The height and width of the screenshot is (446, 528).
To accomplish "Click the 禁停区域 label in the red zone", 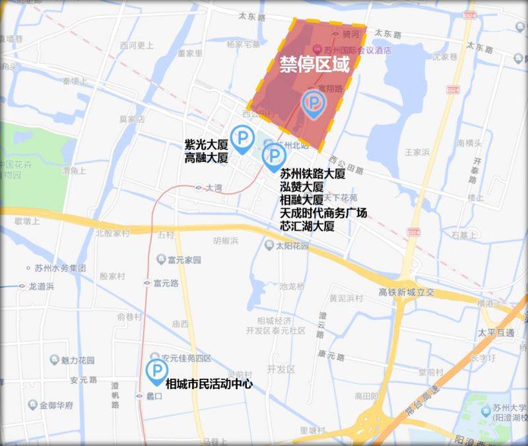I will pyautogui.click(x=313, y=64).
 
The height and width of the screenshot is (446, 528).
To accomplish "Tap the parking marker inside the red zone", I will pyautogui.click(x=313, y=104).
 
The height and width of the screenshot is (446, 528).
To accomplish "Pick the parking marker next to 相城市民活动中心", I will pyautogui.click(x=156, y=371).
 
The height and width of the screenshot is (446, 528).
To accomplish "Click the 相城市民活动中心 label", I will pyautogui.click(x=209, y=383).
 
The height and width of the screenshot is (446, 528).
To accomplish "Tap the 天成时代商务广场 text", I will pyautogui.click(x=323, y=213).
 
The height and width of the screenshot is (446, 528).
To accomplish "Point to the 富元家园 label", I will pyautogui.click(x=184, y=260).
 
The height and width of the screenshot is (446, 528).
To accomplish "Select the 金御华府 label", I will pyautogui.click(x=55, y=404).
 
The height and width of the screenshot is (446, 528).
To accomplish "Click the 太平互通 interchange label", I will pyautogui.click(x=496, y=332).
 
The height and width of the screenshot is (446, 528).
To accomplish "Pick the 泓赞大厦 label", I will pyautogui.click(x=302, y=187).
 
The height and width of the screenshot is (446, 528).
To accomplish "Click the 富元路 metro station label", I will pyautogui.click(x=166, y=283).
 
